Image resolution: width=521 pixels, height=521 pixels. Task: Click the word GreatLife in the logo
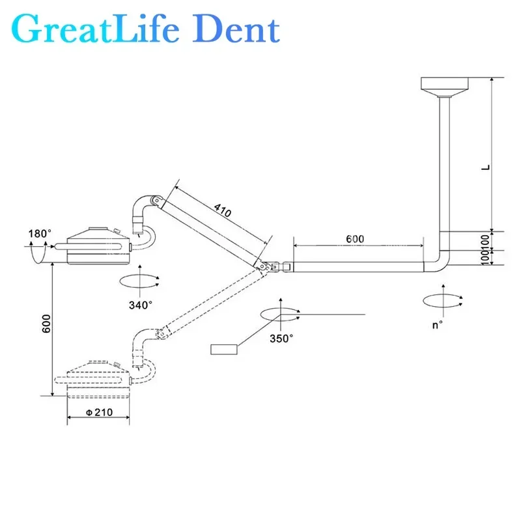click(95, 29)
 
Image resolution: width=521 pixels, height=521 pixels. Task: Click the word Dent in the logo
click(236, 30)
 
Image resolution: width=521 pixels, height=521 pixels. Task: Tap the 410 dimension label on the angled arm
click(222, 210)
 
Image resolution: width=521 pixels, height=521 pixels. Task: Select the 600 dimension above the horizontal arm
click(355, 238)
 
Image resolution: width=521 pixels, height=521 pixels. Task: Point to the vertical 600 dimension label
click(46, 323)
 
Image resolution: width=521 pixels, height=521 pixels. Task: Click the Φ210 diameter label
click(99, 412)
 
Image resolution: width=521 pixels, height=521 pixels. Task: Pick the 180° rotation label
click(40, 234)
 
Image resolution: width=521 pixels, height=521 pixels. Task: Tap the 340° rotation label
click(141, 305)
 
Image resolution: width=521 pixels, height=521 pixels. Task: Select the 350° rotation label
click(281, 338)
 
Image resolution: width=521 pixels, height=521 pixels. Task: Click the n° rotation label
click(437, 324)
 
